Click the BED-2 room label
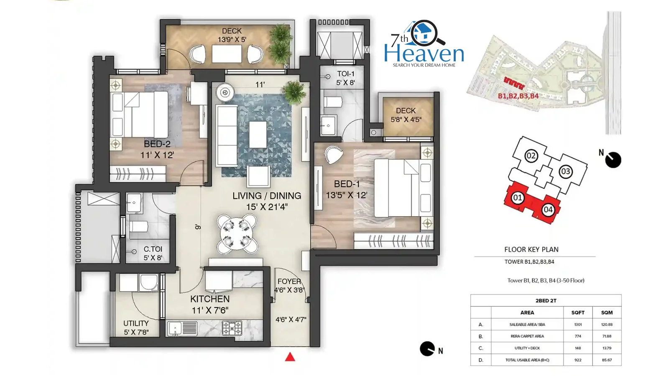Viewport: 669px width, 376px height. tap(157, 144)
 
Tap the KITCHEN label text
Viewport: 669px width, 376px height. tap(210, 299)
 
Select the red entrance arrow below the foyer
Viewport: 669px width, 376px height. tap(290, 357)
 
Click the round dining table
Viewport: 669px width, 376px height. tap(237, 233)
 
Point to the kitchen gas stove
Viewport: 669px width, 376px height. tap(232, 327)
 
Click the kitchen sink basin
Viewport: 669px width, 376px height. tap(174, 328)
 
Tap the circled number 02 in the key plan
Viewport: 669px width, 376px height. tap(531, 156)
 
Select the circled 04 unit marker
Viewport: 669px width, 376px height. tap(548, 210)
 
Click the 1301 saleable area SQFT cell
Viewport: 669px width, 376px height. tap(577, 324)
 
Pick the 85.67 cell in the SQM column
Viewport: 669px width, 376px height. tap(607, 360)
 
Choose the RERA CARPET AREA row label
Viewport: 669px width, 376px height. tap(527, 336)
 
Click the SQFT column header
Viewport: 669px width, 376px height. tap(577, 313)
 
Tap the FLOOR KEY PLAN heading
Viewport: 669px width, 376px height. tap(531, 249)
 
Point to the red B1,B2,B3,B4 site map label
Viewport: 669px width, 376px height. tap(518, 96)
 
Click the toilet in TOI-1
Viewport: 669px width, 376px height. tap(333, 102)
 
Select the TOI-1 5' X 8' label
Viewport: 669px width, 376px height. tap(345, 78)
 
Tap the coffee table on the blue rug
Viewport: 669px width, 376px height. tap(258, 134)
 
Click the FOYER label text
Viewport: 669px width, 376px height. tap(289, 281)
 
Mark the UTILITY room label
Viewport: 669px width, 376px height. tap(136, 323)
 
